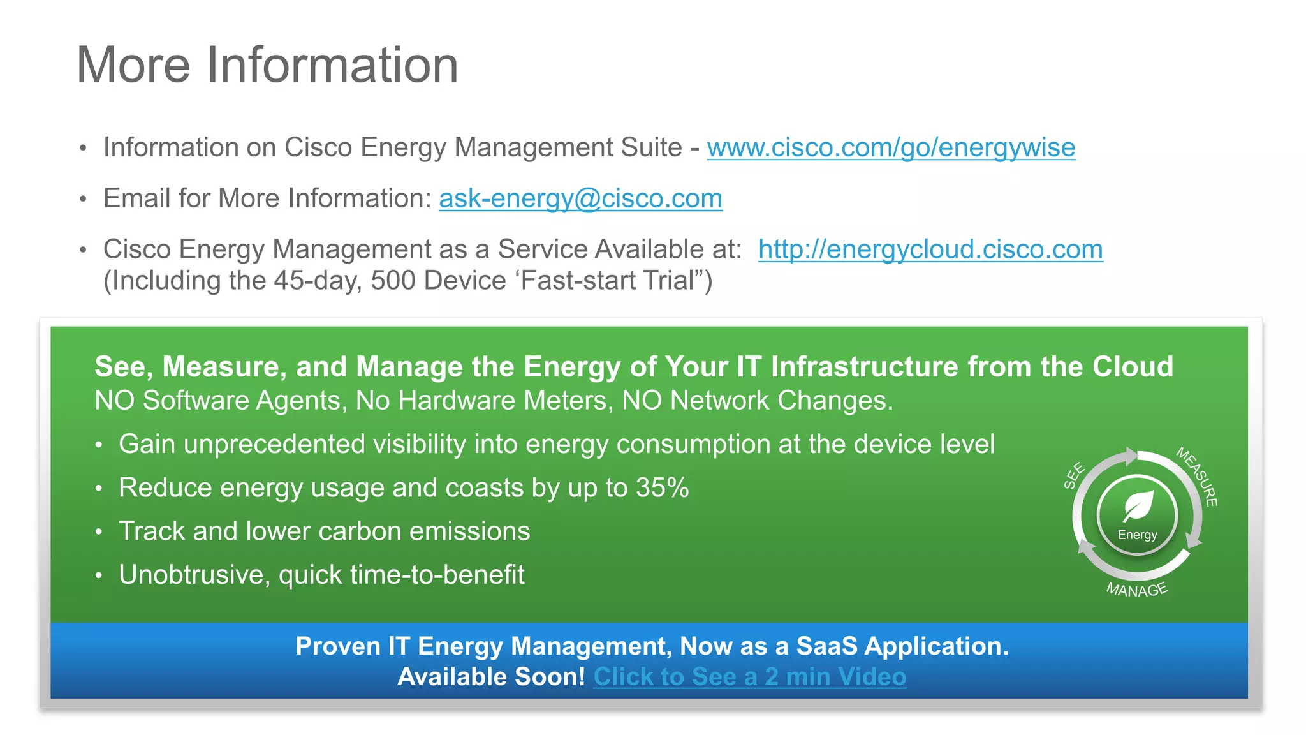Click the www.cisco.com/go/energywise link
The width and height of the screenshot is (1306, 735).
(x=891, y=147)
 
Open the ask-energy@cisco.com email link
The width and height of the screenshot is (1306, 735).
(x=580, y=198)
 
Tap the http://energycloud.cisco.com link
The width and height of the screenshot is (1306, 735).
(x=930, y=249)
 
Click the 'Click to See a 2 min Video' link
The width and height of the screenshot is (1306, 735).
(x=749, y=677)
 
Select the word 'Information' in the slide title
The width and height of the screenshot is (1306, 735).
(x=332, y=65)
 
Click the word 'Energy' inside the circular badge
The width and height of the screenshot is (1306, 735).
(x=1137, y=535)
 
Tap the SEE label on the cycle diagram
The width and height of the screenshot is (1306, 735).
(x=1074, y=475)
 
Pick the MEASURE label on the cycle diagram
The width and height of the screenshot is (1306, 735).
(x=1198, y=476)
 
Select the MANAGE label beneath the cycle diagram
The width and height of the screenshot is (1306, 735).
(x=1136, y=590)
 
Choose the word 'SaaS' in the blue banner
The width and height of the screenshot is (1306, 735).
(x=826, y=646)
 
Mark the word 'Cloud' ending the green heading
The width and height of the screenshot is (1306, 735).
(x=1133, y=367)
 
